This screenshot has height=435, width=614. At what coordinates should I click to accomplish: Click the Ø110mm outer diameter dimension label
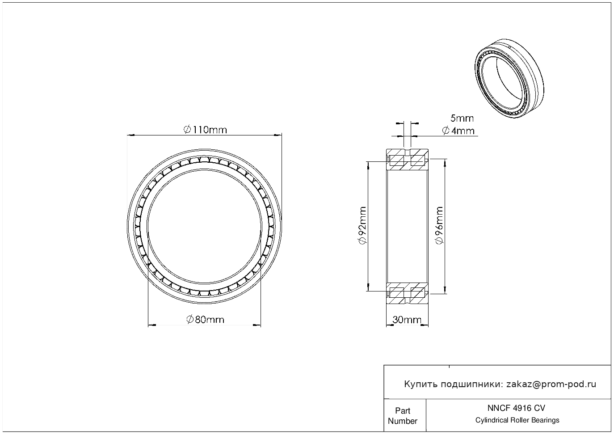[205, 130]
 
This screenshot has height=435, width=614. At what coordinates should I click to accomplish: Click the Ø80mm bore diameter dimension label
[205, 320]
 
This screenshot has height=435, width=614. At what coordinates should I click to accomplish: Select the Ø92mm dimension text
[362, 225]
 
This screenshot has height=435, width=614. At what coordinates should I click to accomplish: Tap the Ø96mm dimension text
[439, 225]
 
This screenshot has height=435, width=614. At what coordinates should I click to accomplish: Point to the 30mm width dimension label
[407, 320]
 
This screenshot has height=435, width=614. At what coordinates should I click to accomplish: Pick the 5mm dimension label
[462, 118]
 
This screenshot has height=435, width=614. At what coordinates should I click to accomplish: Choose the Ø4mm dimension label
[458, 131]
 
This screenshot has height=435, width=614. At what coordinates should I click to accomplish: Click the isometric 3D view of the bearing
[509, 78]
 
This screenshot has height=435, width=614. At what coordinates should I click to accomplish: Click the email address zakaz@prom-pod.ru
[551, 384]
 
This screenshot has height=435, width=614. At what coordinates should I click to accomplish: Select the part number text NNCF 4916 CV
[517, 408]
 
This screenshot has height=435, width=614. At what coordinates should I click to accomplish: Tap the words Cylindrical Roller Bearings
[517, 420]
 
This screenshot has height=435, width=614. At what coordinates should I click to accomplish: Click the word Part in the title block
[403, 410]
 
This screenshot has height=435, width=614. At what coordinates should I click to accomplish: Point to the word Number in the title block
[403, 421]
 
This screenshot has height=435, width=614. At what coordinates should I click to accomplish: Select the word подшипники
[471, 384]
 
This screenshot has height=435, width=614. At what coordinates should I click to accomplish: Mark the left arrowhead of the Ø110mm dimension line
[130, 135]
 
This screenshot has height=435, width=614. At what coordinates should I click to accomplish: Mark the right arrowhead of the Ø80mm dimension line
[257, 325]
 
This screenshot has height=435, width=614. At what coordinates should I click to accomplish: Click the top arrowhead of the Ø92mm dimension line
[368, 165]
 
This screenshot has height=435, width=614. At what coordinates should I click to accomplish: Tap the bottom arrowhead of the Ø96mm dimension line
[445, 290]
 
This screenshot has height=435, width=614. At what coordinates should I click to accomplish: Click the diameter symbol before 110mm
[187, 130]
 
